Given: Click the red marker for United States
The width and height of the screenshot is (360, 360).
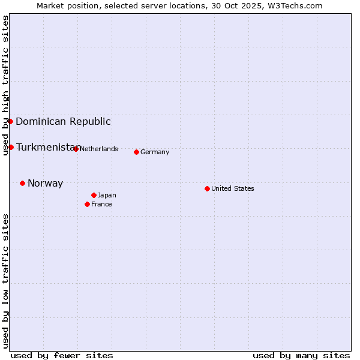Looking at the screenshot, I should click(207, 188).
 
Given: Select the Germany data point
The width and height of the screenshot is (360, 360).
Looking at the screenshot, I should click(136, 152).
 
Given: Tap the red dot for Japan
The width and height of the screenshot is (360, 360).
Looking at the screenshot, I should click(94, 195).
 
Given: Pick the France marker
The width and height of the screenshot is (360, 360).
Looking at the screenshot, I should click(87, 204).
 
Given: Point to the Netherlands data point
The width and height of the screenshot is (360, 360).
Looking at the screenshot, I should click(76, 149).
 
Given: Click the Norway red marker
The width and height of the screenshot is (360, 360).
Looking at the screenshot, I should click(22, 183).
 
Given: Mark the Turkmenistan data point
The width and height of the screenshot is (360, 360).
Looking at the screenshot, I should click(11, 147).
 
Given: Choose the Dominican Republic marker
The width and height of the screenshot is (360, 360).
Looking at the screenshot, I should click(10, 121).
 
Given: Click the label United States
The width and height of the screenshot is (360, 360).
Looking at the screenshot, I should click(233, 188).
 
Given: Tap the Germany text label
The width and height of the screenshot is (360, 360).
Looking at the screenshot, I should click(155, 152).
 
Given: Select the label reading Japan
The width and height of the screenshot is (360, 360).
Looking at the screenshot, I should click(107, 195).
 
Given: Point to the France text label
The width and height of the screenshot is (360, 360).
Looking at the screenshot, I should click(101, 204).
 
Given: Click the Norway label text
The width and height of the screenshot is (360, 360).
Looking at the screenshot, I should click(45, 184).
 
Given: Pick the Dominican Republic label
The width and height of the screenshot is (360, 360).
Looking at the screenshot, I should click(63, 122).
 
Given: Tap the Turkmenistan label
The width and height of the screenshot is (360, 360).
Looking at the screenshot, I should click(47, 148).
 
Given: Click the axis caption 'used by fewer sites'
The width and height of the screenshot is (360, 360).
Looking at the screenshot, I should click(62, 355).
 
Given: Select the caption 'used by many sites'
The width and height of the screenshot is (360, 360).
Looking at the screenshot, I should click(301, 355).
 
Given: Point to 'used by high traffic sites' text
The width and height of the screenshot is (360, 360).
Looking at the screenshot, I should click(5, 85).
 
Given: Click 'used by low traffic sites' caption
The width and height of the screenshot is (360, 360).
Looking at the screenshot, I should click(5, 281).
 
